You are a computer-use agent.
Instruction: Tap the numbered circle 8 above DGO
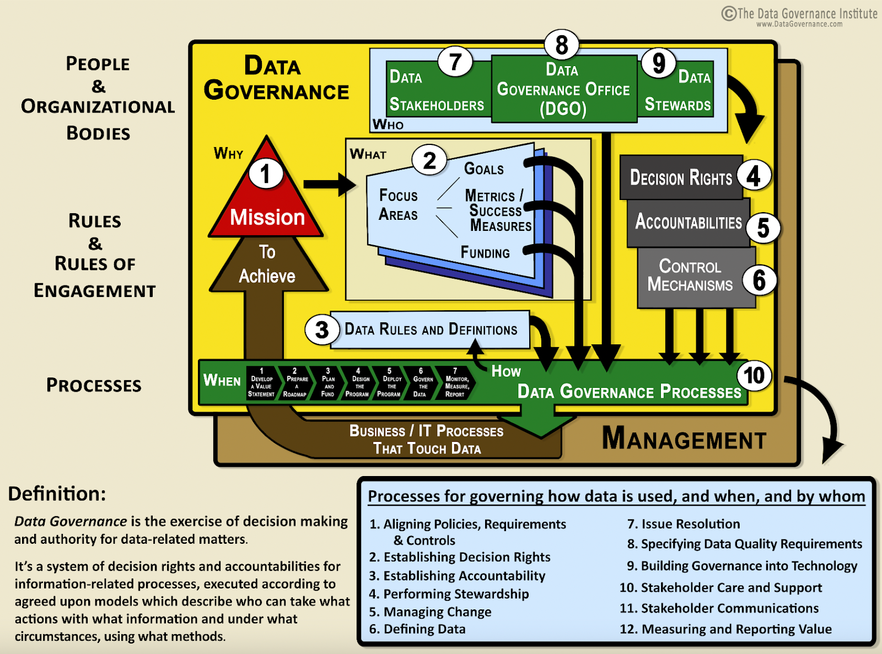561,45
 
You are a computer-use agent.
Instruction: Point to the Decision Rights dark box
681,177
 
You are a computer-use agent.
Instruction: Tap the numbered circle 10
754,376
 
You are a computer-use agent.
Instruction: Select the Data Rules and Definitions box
431,329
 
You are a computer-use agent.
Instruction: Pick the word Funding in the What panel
485,253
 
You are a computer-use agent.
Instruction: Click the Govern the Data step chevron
421,383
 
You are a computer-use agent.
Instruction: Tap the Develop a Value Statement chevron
261,383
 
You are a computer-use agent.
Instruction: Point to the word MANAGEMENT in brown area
684,440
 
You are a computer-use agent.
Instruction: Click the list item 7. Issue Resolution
684,524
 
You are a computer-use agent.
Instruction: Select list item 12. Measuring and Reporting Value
725,629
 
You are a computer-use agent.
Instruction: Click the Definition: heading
57,494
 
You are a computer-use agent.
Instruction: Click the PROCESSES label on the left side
94,385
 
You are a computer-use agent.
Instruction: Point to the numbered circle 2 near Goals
429,160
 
